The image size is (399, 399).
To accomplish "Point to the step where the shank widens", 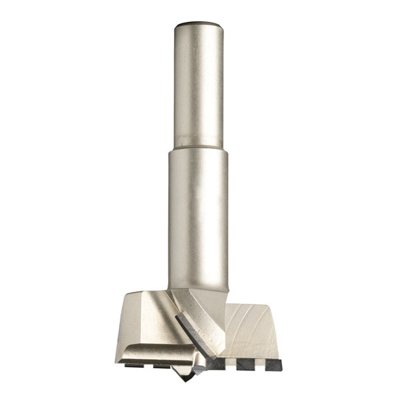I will point(197,146).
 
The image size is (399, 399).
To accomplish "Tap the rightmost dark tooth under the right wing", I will point(272,364).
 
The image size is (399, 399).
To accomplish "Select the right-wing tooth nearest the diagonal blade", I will point(215,364).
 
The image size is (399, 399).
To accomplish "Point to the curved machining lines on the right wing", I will point(256,329).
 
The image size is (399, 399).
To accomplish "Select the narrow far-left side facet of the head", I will point(122,329).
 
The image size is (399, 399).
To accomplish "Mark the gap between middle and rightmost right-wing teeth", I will point(258,365).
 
